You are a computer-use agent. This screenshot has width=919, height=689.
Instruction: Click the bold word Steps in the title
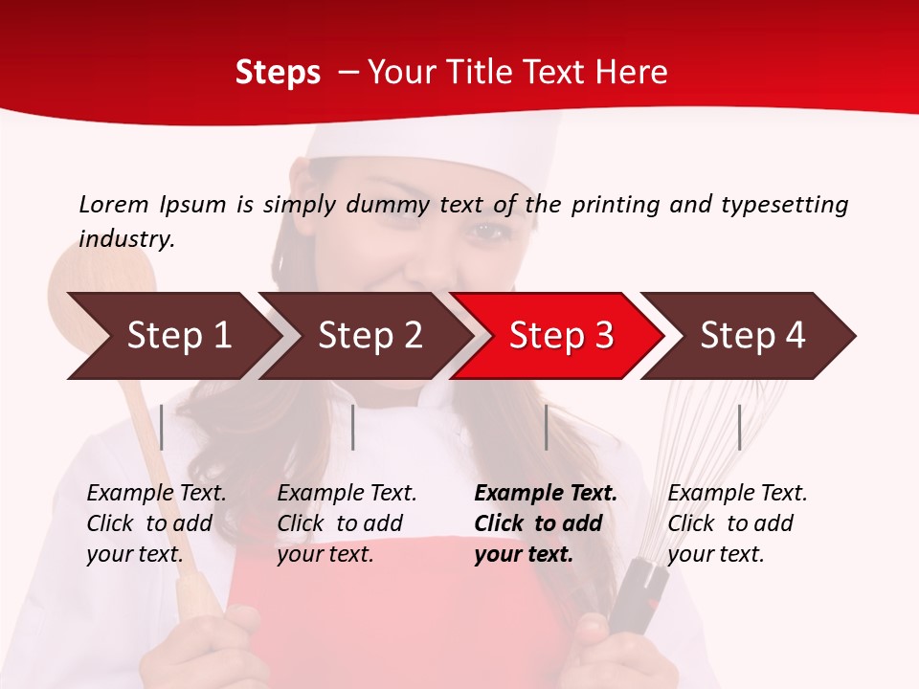coord(278,73)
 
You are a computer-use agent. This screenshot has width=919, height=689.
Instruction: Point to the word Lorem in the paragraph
coord(114,204)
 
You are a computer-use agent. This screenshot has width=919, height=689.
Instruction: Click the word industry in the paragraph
coord(125,239)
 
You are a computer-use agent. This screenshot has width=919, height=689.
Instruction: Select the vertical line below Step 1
coord(162,427)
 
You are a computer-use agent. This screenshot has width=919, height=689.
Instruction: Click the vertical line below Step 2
coord(353,427)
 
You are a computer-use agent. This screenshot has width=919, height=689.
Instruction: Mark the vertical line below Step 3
coord(546,427)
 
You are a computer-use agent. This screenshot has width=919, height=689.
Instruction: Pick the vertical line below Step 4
coord(739,427)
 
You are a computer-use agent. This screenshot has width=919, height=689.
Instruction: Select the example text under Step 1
coord(155,523)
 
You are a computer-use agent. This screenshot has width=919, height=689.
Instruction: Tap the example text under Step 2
coord(346,523)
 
